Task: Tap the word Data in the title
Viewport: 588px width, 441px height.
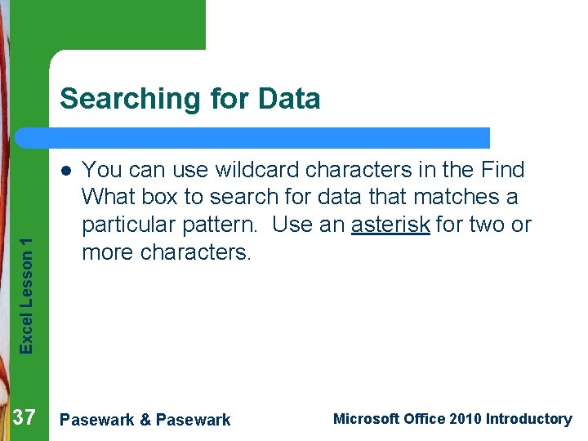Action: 289,99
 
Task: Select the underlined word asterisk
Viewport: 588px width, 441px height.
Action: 390,225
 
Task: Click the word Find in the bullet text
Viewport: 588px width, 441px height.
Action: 503,170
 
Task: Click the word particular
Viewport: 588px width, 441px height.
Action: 131,225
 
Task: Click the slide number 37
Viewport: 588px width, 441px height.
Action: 25,418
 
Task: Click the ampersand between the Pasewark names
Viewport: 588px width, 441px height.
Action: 145,420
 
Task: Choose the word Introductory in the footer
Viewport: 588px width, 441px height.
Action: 528,419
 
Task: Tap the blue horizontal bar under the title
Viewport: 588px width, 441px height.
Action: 269,137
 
